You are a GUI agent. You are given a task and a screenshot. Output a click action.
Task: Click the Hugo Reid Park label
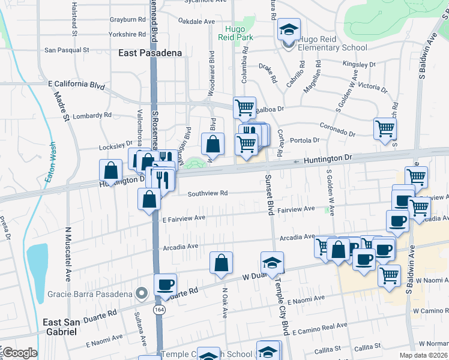point(239,33)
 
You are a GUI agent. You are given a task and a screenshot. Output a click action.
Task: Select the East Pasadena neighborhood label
point(150,53)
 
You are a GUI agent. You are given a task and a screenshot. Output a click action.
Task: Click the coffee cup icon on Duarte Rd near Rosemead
point(165,284)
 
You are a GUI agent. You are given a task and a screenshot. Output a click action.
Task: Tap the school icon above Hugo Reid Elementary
point(288,29)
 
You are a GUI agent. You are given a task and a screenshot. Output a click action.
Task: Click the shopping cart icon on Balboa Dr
point(244,108)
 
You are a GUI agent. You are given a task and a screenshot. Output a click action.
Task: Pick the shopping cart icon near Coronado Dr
point(384,128)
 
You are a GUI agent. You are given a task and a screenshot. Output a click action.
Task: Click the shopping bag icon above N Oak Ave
point(221,262)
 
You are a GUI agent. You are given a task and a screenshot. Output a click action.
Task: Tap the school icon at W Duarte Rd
point(272,262)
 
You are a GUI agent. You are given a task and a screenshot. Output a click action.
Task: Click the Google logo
point(19,353)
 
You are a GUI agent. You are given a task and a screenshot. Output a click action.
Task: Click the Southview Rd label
point(207,193)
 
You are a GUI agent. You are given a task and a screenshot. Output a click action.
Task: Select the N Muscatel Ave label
point(66,254)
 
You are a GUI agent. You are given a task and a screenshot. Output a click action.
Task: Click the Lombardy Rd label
point(91,115)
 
